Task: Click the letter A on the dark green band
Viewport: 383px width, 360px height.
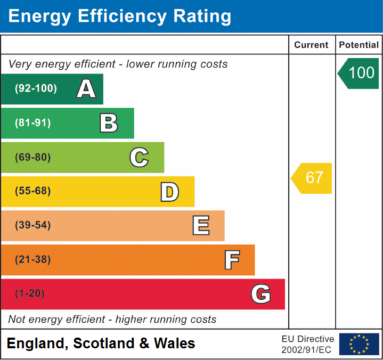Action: pos(86,89)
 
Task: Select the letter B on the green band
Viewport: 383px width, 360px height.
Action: pos(109,123)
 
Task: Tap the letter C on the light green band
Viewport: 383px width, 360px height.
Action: pos(139,157)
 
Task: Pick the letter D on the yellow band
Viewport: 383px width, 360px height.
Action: pos(169,191)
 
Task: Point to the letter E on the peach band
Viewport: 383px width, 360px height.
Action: pos(201,225)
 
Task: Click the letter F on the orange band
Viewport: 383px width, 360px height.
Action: pos(232,260)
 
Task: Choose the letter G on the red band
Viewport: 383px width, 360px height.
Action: pos(261,294)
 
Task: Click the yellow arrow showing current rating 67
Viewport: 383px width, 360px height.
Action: pos(312,178)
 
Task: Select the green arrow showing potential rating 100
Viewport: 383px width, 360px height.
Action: pos(358,73)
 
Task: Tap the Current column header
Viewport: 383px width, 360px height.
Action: pos(312,45)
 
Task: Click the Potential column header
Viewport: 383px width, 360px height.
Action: pos(358,45)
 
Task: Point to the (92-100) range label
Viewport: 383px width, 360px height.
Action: pos(36,89)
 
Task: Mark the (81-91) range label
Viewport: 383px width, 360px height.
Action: pos(33,123)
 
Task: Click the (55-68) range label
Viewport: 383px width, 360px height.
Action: pos(33,191)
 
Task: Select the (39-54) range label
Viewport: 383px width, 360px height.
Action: pos(33,225)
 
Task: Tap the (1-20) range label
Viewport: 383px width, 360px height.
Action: pos(30,294)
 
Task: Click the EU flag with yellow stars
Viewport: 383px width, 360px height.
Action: pos(359,344)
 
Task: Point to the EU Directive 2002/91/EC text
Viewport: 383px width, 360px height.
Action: pos(308,344)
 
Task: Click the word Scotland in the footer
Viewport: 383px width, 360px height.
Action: pos(103,343)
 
